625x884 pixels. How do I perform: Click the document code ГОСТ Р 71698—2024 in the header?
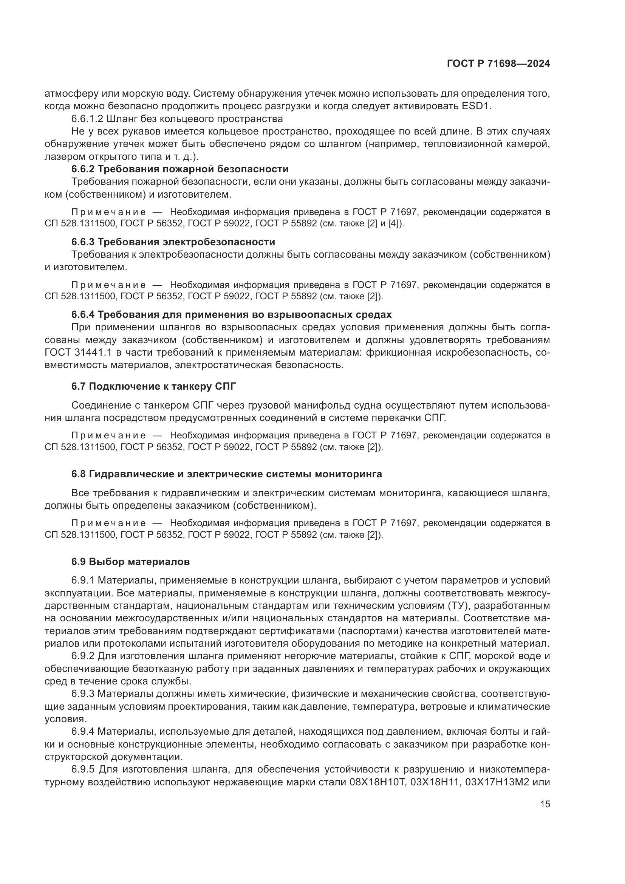tap(498, 63)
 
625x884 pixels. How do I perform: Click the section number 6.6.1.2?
tap(86, 119)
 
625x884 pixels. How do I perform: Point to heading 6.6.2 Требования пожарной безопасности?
tap(180, 169)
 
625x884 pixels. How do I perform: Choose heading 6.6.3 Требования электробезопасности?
tap(173, 242)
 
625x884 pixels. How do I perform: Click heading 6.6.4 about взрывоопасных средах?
tap(231, 314)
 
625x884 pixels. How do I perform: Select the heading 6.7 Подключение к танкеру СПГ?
tap(153, 386)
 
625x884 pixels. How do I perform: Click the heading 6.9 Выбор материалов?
tap(130, 562)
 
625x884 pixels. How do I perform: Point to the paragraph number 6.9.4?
tap(84, 731)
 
